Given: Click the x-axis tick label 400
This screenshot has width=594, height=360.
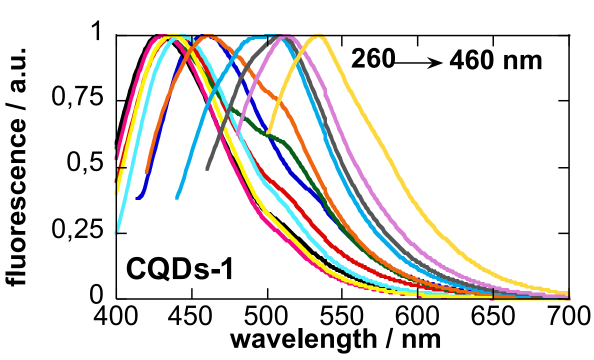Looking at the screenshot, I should [115, 317].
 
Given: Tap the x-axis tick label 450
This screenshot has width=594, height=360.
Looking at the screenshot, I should [191, 317].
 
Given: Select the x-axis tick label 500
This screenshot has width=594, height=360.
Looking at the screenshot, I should [267, 317].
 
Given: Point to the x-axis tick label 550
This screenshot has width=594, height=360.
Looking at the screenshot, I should [343, 317].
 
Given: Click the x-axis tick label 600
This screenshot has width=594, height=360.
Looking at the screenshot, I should [419, 317].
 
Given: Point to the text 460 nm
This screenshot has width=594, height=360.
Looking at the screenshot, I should [495, 61].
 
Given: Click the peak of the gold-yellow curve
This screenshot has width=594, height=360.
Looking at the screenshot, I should [318, 36].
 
